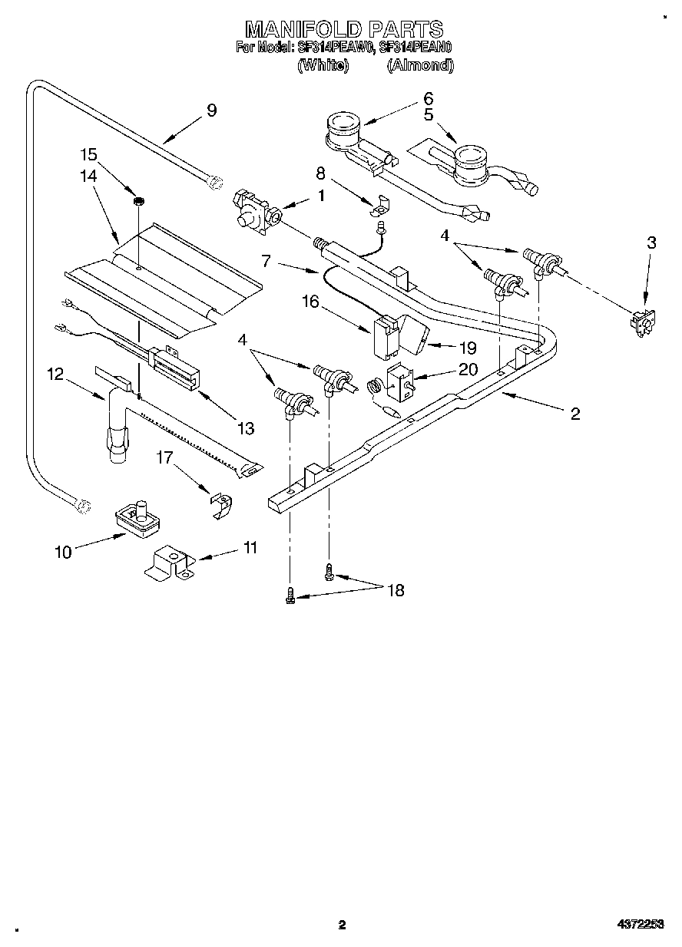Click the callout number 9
(x=211, y=111)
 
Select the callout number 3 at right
(x=651, y=243)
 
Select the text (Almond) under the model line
(x=420, y=66)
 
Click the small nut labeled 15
(x=139, y=202)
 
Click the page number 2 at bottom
(x=342, y=926)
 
